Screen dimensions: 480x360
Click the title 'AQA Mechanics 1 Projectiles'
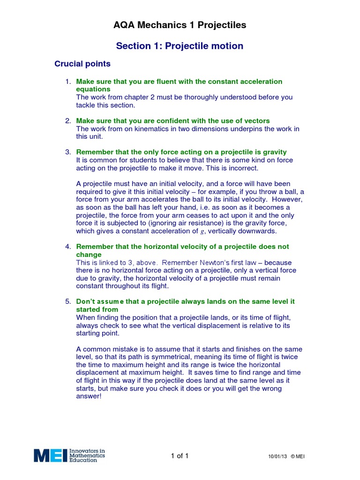(180, 25)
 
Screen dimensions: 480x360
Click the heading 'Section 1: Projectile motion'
(180, 46)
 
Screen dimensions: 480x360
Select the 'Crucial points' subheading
(82, 64)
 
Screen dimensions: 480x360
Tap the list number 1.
(67, 82)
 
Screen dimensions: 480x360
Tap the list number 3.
(67, 152)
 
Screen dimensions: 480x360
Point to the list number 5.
(67, 301)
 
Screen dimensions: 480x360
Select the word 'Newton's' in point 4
(217, 262)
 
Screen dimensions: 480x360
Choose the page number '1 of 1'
(180, 456)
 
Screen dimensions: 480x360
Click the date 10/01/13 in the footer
(277, 457)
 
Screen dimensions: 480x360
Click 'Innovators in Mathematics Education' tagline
(87, 456)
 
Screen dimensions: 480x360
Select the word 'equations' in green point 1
(93, 89)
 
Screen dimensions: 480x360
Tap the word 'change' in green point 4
(89, 255)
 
